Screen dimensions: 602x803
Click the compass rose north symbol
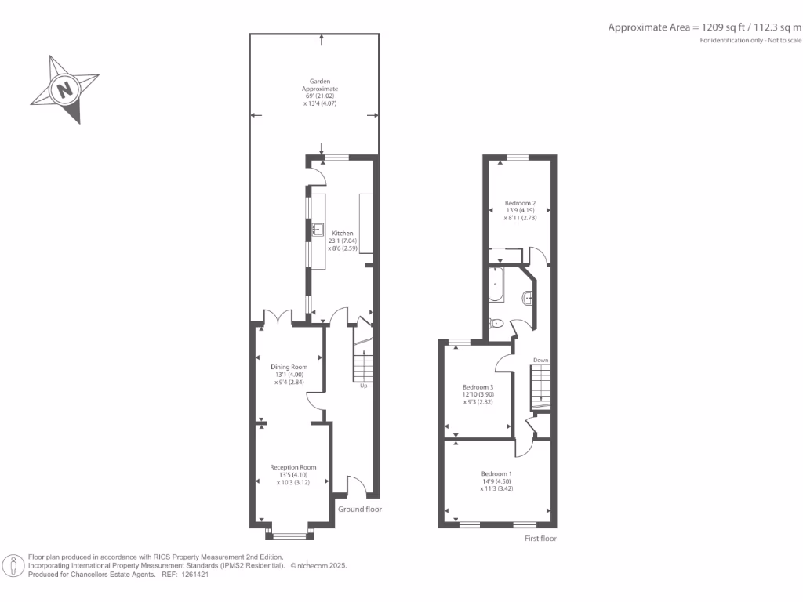[65, 89]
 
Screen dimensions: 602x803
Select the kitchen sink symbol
[318, 230]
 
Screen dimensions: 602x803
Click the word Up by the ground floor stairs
[363, 386]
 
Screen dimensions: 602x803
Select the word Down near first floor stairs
[540, 361]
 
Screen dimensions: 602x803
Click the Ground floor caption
[359, 509]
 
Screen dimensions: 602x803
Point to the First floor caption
[541, 539]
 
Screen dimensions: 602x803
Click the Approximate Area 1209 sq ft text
[705, 27]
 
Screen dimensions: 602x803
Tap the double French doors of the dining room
[278, 316]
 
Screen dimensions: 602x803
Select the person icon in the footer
[13, 565]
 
